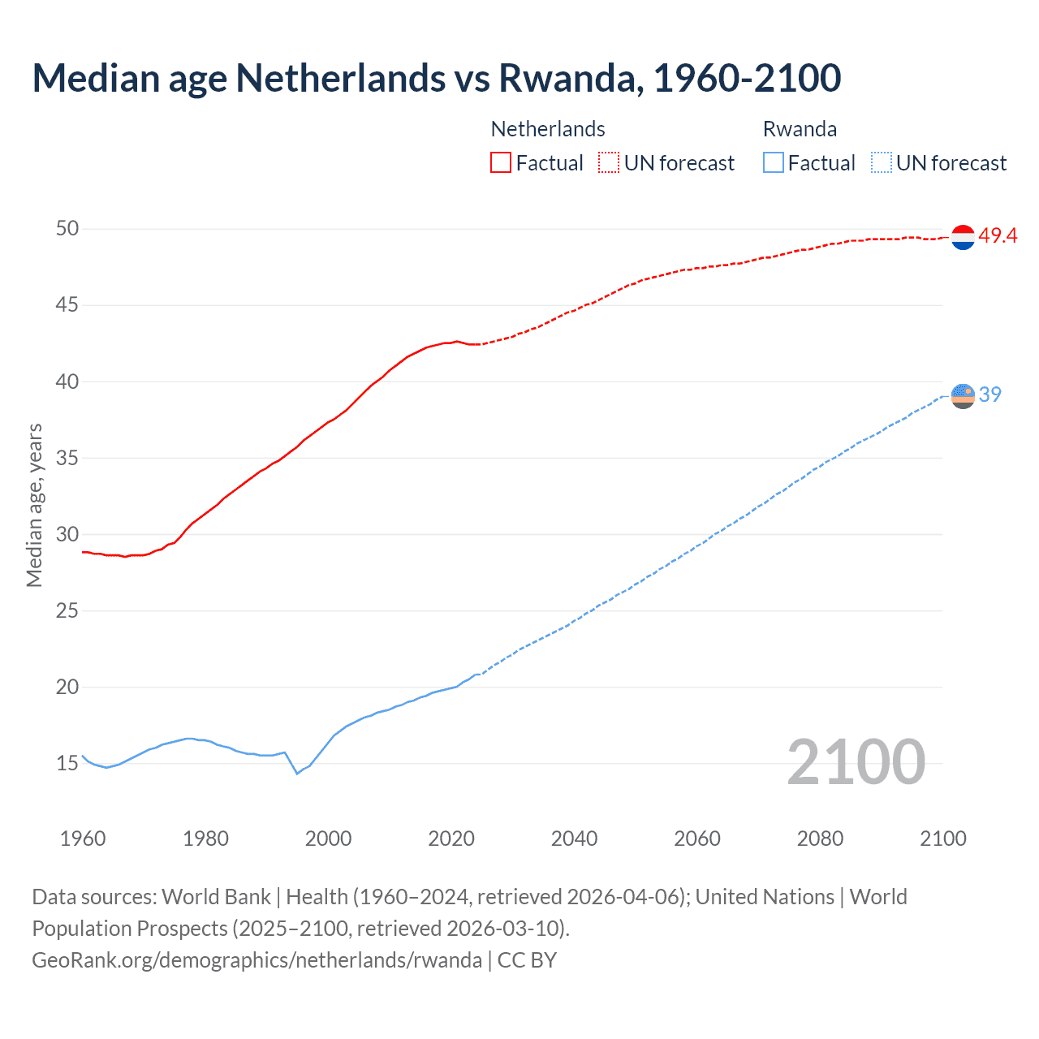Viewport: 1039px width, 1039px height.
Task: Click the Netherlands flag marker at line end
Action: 963,237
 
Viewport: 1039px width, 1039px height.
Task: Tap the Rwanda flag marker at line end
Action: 963,396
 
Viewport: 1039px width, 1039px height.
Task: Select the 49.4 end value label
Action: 998,236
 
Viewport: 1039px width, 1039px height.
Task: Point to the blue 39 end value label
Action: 990,394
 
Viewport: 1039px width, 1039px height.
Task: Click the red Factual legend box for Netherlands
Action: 501,163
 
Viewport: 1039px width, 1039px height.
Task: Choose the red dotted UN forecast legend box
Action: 609,163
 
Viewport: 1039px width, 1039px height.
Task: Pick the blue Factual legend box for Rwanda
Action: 774,163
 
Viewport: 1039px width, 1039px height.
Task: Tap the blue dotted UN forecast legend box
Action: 881,163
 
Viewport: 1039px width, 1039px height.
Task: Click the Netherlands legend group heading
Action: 548,129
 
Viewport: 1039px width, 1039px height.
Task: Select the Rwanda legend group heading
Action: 800,129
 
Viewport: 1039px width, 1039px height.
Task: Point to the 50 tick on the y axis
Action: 67,229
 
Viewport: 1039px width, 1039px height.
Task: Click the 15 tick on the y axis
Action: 67,764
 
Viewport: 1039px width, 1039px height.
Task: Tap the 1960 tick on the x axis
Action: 83,839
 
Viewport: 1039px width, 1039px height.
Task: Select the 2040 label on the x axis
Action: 574,839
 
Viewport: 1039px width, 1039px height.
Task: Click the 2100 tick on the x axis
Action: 942,839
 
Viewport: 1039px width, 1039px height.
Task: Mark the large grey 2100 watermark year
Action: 856,762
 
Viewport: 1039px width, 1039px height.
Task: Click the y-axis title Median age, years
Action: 34,505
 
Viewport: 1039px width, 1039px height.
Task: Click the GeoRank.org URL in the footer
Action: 257,960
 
